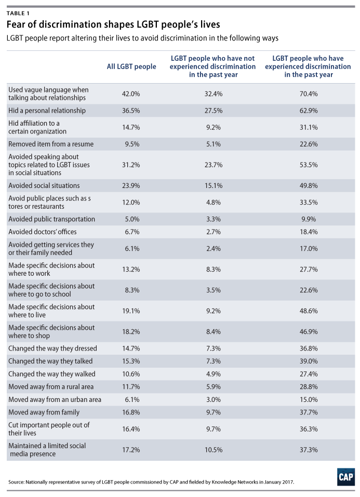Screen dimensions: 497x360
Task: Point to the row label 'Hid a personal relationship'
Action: (x=47, y=111)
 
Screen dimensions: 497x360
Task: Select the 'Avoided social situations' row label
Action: (x=45, y=185)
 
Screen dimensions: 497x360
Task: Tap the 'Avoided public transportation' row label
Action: (x=51, y=219)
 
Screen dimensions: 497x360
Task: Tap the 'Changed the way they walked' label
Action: (x=51, y=373)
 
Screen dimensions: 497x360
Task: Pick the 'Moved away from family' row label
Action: (x=44, y=412)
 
